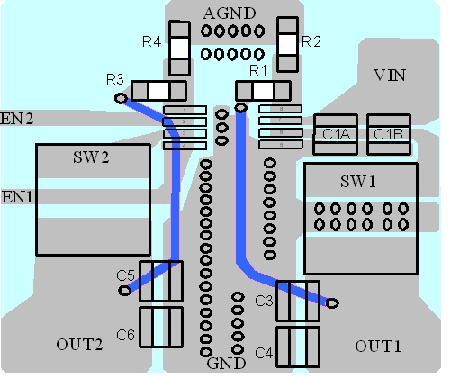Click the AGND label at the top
[x=230, y=13]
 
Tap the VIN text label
[x=390, y=76]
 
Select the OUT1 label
[x=378, y=346]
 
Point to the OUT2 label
[x=79, y=345]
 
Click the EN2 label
[x=16, y=119]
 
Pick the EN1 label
[x=17, y=197]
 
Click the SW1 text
[x=358, y=182]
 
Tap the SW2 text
[x=91, y=157]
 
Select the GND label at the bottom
[x=226, y=364]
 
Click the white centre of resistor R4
[x=180, y=48]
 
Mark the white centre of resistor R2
[x=287, y=44]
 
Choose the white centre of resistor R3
[x=158, y=91]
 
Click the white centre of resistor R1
[x=263, y=91]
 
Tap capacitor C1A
[x=336, y=134]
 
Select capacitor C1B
[x=389, y=134]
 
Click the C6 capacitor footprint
[x=161, y=327]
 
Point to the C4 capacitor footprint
[x=298, y=346]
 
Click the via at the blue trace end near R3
[x=121, y=98]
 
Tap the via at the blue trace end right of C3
[x=332, y=303]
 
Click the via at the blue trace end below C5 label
[x=124, y=291]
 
